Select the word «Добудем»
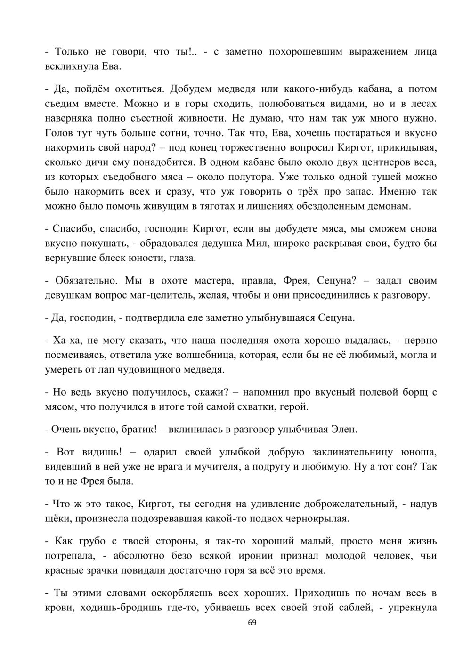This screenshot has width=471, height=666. [192, 89]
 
